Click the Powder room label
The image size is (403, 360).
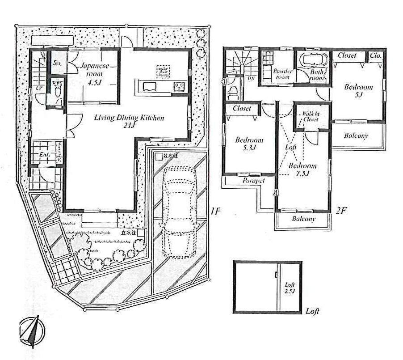pos(283,74)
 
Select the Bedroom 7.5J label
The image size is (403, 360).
pos(302,169)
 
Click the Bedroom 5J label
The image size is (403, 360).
pos(358,91)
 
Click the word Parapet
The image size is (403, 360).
pos(254,181)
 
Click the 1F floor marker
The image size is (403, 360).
pos(216,211)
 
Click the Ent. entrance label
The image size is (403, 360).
pos(44,155)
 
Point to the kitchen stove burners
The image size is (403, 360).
pos(180,85)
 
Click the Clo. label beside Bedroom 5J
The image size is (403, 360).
pos(375,55)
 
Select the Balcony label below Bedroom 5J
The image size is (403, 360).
pos(356,135)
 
